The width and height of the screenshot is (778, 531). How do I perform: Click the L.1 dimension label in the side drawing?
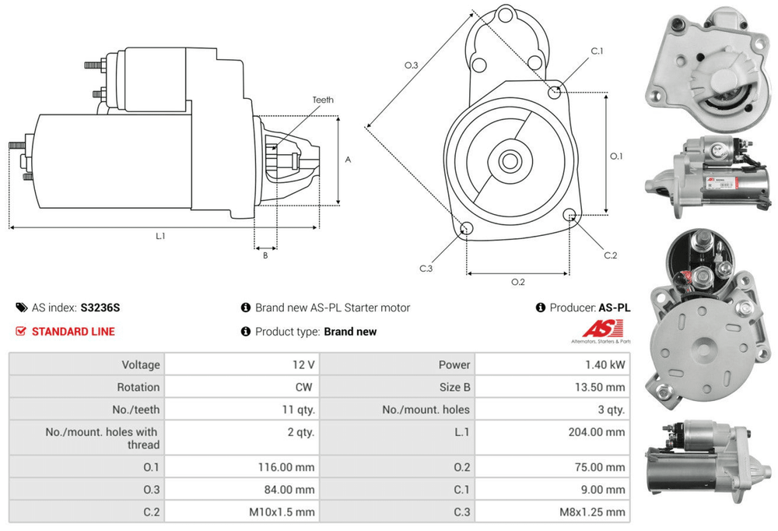(x=160, y=236)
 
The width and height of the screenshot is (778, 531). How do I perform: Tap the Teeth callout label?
(x=323, y=100)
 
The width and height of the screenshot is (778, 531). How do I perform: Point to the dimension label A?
(x=348, y=160)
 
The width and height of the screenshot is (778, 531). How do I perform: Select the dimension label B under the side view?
(x=265, y=255)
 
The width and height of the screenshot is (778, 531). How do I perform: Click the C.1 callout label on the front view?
(x=597, y=51)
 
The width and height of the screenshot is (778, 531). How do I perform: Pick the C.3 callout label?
(x=426, y=269)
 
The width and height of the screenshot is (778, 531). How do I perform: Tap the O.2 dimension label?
(x=517, y=282)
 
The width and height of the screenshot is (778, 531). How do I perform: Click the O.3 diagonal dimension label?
(x=412, y=65)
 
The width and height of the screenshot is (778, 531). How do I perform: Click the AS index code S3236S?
(x=100, y=308)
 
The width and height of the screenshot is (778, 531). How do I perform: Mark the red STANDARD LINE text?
(x=73, y=332)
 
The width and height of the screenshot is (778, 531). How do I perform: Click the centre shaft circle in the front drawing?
(x=510, y=162)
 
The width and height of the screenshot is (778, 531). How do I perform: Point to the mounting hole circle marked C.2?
(x=571, y=216)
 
